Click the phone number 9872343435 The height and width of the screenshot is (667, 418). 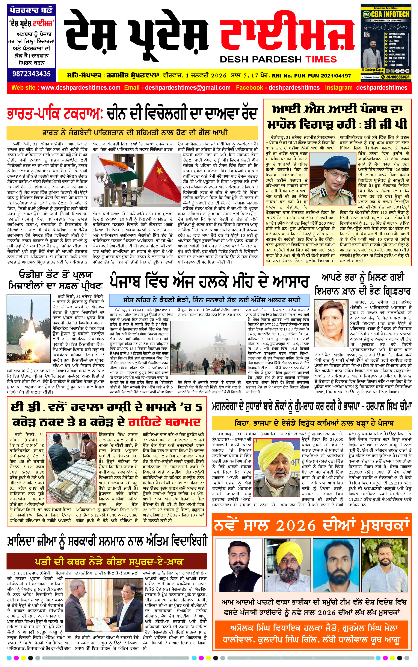coord(31,74)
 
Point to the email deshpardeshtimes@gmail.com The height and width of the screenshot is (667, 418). coord(187,88)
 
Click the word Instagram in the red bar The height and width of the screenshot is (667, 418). coord(338,88)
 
